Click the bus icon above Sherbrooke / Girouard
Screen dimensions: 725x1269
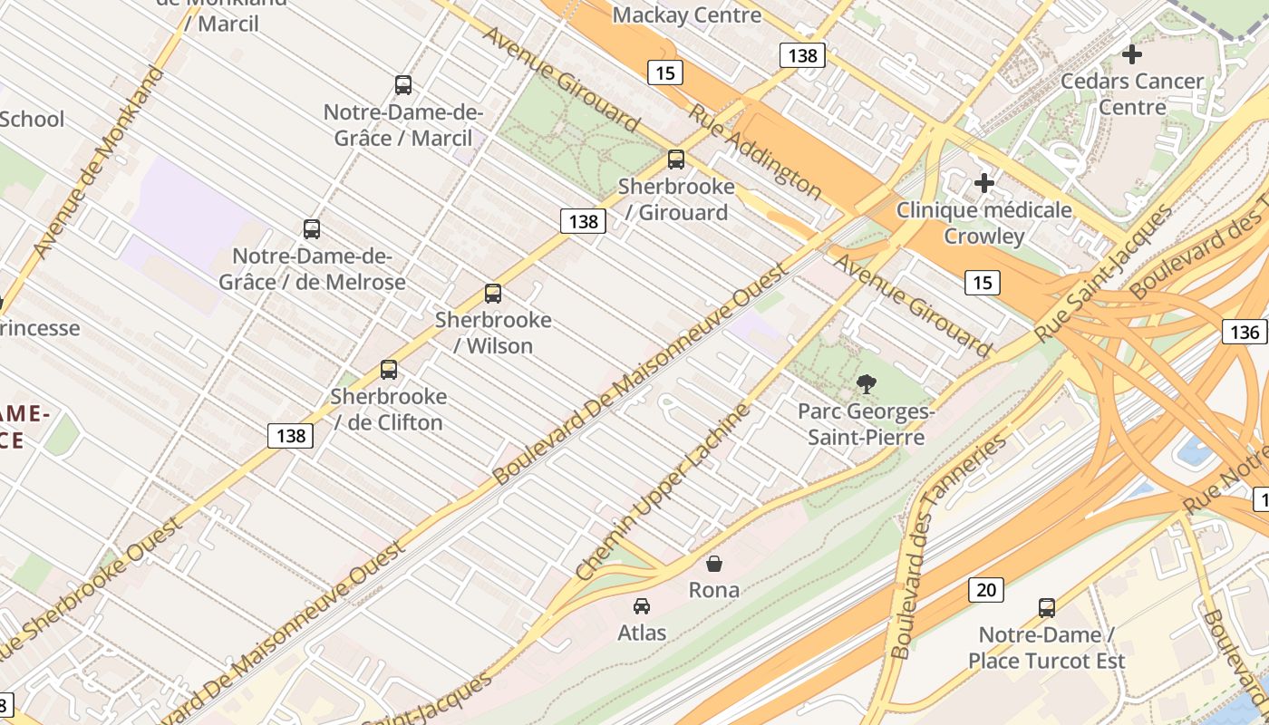(x=676, y=159)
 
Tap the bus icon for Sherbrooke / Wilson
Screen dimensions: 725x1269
(x=493, y=294)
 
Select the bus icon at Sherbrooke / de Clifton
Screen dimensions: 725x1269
(x=389, y=370)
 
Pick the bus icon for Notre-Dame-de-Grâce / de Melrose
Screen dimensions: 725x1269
(x=312, y=229)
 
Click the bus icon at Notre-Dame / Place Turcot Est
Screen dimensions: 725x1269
(x=1047, y=608)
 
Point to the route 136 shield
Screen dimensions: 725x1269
(x=1245, y=332)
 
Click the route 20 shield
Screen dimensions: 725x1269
(x=985, y=591)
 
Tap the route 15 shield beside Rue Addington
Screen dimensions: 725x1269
(x=664, y=72)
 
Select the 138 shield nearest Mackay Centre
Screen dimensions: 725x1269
(x=802, y=55)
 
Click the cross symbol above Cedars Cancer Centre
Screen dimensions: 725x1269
(x=1132, y=54)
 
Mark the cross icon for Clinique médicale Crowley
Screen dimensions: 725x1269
(x=984, y=184)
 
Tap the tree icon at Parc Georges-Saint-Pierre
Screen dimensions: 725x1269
(x=867, y=384)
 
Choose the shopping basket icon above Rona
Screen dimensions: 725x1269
(x=714, y=564)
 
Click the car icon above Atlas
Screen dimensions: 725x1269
(x=642, y=605)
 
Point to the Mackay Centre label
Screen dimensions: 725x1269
(x=687, y=15)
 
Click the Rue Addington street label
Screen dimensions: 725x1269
(x=755, y=151)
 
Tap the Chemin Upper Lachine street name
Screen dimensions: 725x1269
(x=664, y=492)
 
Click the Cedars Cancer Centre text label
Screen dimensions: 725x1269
(x=1132, y=94)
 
